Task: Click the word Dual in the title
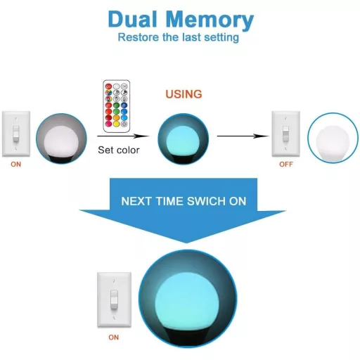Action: pyautogui.click(x=133, y=19)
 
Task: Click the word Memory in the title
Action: pyautogui.click(x=210, y=20)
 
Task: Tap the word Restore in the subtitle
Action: pyautogui.click(x=139, y=37)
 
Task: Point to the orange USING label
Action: pyautogui.click(x=184, y=94)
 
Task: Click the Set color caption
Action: pyautogui.click(x=119, y=150)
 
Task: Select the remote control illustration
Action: pyautogui.click(x=117, y=106)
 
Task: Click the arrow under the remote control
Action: pyautogui.click(x=123, y=136)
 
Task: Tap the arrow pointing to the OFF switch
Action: pyautogui.click(x=243, y=136)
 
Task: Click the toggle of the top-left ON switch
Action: pyautogui.click(x=16, y=134)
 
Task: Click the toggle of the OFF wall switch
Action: pyautogui.click(x=285, y=134)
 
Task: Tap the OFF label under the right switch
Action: pyautogui.click(x=286, y=165)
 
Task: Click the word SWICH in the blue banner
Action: pyautogui.click(x=206, y=201)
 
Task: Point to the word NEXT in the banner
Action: pyautogui.click(x=136, y=201)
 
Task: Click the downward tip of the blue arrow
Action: pyautogui.click(x=186, y=243)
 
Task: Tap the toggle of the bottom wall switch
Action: pyautogui.click(x=114, y=300)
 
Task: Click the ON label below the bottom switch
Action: pyautogui.click(x=114, y=337)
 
